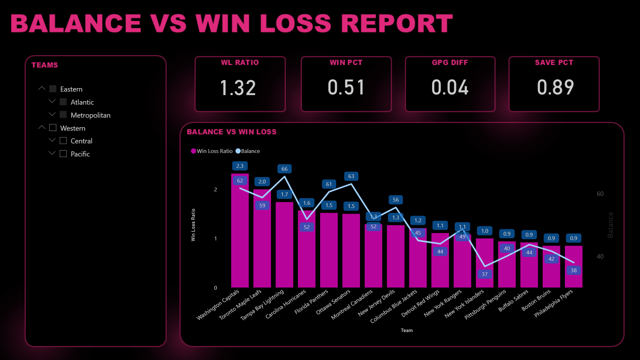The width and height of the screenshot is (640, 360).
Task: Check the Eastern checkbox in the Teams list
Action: click(x=53, y=89)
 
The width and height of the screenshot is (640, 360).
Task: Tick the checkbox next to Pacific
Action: click(x=63, y=154)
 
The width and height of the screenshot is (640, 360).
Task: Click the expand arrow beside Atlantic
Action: click(x=52, y=101)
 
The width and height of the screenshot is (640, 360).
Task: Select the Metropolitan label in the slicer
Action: click(x=90, y=115)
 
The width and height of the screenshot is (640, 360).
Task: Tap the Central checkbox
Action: click(x=63, y=141)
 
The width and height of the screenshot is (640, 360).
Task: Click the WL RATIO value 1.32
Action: click(x=238, y=88)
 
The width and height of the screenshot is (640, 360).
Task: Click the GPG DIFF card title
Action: click(x=450, y=63)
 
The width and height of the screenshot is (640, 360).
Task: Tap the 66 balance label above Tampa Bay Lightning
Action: click(x=285, y=169)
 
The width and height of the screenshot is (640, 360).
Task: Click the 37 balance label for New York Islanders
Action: click(x=484, y=274)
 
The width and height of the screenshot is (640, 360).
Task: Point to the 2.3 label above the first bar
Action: click(x=240, y=166)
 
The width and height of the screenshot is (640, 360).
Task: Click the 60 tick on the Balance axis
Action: click(x=600, y=194)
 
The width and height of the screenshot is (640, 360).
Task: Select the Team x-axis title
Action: click(x=407, y=330)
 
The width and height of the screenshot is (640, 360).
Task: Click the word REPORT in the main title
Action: click(x=397, y=24)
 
